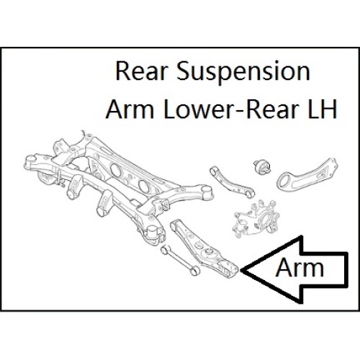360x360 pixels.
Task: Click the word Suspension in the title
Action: click(243, 72)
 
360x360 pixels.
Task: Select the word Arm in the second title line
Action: click(130, 109)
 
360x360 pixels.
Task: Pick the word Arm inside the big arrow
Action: click(300, 268)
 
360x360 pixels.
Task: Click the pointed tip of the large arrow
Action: click(240, 270)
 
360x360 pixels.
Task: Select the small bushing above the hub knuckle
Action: click(262, 166)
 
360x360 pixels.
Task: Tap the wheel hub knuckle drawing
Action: click(257, 219)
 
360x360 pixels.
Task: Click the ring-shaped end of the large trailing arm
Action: click(285, 181)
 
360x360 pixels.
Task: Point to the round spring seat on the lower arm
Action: click(209, 252)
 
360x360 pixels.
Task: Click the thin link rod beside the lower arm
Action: click(180, 261)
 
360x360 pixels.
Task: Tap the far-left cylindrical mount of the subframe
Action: click(31, 161)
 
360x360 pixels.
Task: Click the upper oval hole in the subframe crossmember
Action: click(117, 169)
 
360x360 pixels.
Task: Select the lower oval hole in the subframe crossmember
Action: click(144, 186)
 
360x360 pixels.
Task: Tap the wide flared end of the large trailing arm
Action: click(330, 166)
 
